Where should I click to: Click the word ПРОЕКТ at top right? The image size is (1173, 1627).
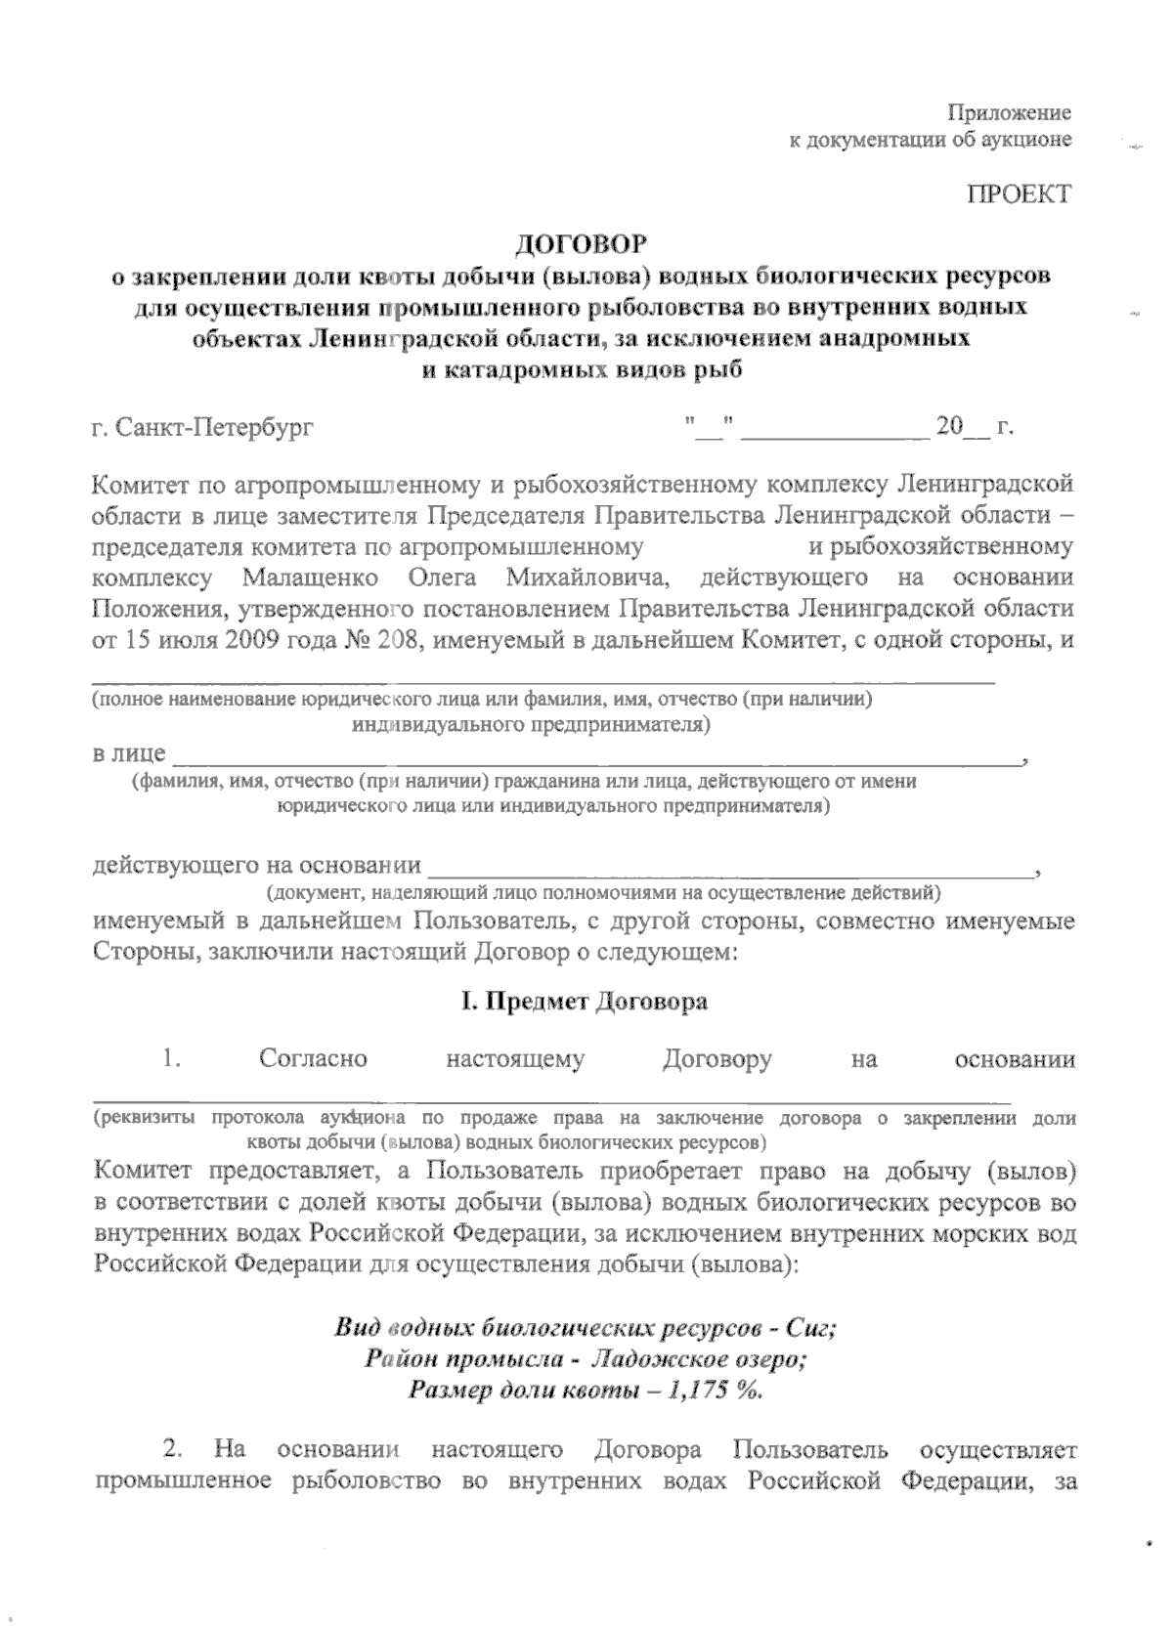point(1019,193)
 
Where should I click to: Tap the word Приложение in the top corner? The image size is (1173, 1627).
point(1011,112)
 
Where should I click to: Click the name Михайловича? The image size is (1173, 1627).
point(586,577)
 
